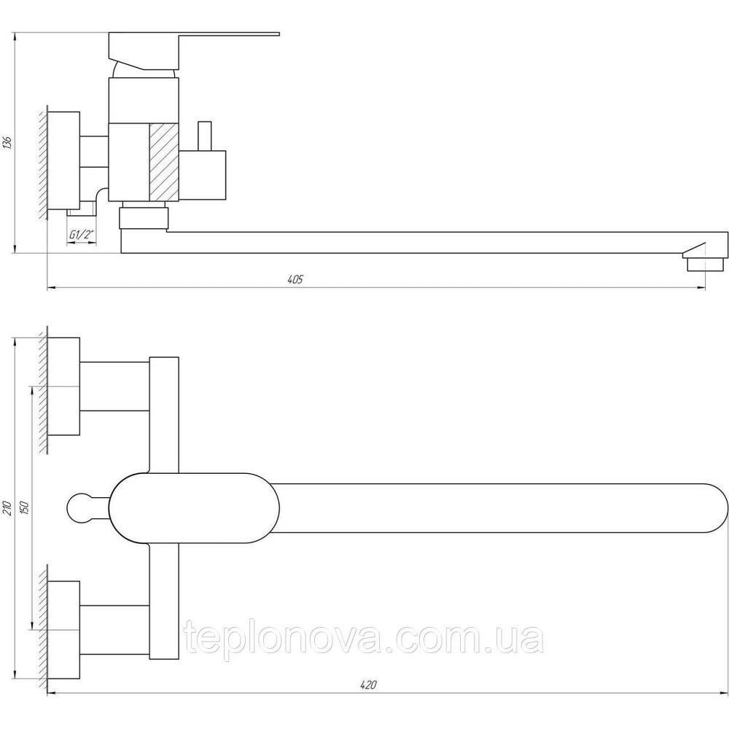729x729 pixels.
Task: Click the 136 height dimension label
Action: tap(8, 142)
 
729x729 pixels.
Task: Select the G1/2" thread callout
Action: tap(81, 235)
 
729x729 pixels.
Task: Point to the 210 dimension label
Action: tap(7, 507)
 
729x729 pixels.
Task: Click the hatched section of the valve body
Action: tap(163, 161)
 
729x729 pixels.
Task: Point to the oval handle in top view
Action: tap(195, 507)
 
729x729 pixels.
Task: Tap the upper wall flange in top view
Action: tap(64, 386)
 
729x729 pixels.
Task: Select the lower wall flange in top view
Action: tap(64, 629)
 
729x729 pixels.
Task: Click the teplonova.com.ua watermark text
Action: tap(364, 640)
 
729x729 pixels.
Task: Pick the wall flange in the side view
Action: tap(64, 162)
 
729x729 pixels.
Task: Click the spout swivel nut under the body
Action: tap(143, 217)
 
